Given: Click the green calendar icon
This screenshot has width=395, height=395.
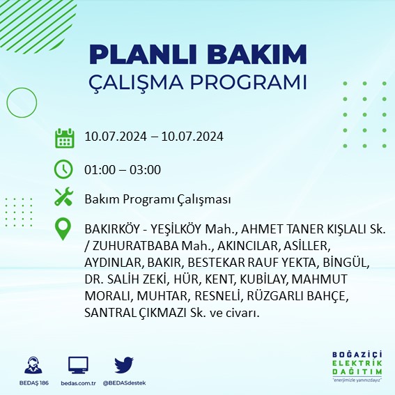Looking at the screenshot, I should (64, 138).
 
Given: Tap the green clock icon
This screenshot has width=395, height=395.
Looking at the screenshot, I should (64, 169).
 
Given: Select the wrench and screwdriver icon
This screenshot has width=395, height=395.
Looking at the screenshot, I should (64, 199).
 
